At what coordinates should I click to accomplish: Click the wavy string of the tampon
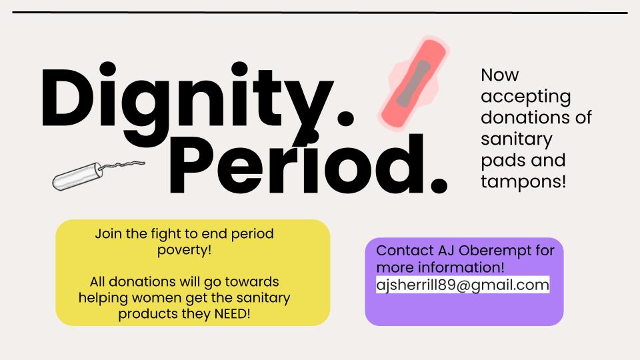click(x=123, y=164)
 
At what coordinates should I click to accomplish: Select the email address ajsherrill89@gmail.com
click(x=463, y=285)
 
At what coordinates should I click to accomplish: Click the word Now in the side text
click(x=499, y=75)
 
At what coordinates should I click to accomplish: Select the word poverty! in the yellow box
click(x=185, y=250)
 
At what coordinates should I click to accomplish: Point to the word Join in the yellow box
click(x=107, y=234)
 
